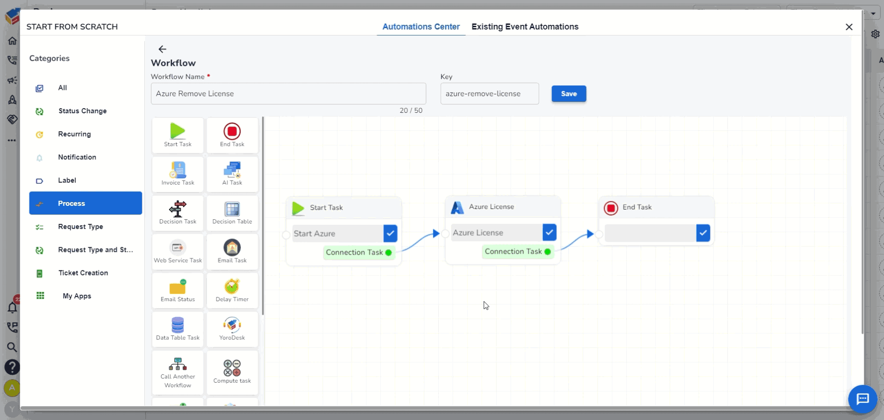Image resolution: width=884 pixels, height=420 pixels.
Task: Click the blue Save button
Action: [569, 94]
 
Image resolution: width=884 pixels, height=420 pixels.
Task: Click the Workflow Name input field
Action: [288, 94]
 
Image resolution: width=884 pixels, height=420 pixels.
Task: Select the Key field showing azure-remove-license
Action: [489, 94]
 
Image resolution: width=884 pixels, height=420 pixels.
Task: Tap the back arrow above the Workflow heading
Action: [162, 49]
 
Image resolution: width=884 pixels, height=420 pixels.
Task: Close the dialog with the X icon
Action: [849, 27]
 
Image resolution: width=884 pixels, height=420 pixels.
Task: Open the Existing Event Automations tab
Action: [525, 27]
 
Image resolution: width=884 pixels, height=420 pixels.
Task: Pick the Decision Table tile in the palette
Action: [232, 213]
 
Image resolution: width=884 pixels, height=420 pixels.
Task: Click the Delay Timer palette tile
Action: [232, 291]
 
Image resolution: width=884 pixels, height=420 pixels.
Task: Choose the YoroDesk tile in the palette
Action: [232, 329]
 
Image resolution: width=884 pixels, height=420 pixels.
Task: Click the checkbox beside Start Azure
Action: [390, 233]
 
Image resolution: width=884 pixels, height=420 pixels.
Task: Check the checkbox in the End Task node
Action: [703, 233]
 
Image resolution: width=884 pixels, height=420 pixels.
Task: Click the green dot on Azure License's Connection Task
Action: [547, 251]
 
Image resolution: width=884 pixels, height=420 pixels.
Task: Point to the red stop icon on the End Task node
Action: [611, 208]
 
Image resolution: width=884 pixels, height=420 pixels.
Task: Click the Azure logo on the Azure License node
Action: [457, 208]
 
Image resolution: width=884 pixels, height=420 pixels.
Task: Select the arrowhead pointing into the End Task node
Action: [590, 234]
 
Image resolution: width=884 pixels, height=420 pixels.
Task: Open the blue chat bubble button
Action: [862, 399]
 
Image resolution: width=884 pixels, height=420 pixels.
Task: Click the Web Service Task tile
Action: [178, 252]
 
